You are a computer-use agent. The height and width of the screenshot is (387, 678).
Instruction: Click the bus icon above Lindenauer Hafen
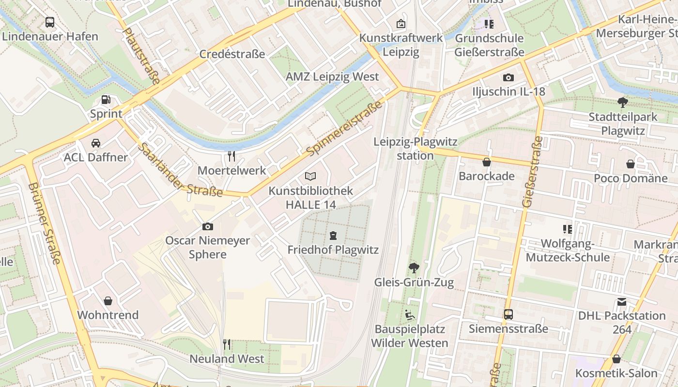(x=50, y=22)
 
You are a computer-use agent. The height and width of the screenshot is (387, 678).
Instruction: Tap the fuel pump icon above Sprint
(x=106, y=100)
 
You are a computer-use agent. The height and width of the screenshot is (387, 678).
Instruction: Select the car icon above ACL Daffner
(x=96, y=143)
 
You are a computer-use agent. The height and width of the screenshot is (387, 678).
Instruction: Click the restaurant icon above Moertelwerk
(x=231, y=156)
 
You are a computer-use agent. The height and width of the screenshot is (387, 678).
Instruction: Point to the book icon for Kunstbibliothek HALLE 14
(x=310, y=177)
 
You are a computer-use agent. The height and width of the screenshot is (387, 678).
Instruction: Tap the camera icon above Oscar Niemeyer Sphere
(x=207, y=226)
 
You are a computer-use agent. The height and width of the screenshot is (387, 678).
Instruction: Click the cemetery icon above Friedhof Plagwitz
(x=333, y=236)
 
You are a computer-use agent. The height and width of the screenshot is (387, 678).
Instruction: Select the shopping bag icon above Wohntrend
(x=108, y=301)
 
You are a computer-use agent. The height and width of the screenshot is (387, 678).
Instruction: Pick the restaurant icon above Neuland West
(x=227, y=344)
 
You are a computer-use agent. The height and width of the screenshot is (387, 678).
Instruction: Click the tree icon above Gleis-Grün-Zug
(x=414, y=268)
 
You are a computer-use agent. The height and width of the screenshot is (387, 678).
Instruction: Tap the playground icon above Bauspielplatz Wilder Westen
(x=409, y=315)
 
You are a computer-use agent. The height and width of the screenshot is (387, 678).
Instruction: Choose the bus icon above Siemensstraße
(x=508, y=314)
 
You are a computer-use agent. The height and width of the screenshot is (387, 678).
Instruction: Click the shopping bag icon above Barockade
(x=486, y=162)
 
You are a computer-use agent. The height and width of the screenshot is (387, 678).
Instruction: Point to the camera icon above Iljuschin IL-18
(x=508, y=77)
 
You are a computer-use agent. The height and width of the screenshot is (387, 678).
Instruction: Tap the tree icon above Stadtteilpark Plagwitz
(x=623, y=102)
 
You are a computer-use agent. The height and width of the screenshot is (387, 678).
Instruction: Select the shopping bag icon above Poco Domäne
(x=630, y=164)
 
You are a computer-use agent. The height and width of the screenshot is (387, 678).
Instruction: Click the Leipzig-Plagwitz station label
(x=416, y=149)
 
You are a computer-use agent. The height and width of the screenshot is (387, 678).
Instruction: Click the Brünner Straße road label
(x=44, y=223)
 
